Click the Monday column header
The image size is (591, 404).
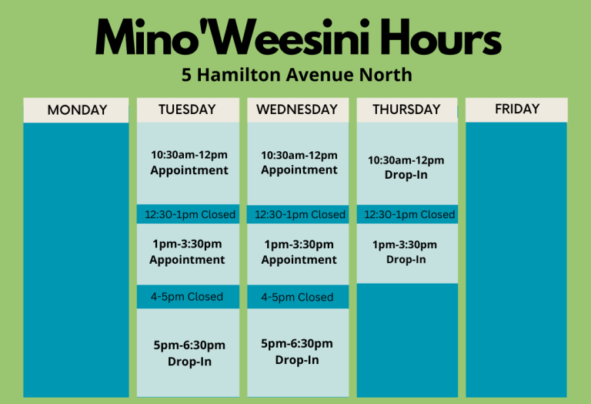pos(76,110)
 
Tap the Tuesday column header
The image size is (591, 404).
pos(188,110)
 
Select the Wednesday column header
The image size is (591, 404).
pos(298,110)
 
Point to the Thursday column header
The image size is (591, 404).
pos(407,110)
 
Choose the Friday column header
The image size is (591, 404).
pos(516,109)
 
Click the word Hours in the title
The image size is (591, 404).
pos(440,38)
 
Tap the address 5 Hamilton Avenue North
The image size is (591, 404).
pos(296,75)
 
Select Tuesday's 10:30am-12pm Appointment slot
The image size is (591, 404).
pos(188,163)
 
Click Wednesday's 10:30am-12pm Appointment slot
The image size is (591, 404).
pos(298,163)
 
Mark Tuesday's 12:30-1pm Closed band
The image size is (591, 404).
pos(188,214)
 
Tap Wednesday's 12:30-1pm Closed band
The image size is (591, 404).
pos(298,214)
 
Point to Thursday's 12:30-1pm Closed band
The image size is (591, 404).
pos(407,214)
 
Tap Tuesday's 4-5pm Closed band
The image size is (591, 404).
pos(188,297)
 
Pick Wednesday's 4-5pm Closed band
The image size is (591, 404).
pos(298,297)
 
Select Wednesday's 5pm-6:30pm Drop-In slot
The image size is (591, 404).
pos(298,352)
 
